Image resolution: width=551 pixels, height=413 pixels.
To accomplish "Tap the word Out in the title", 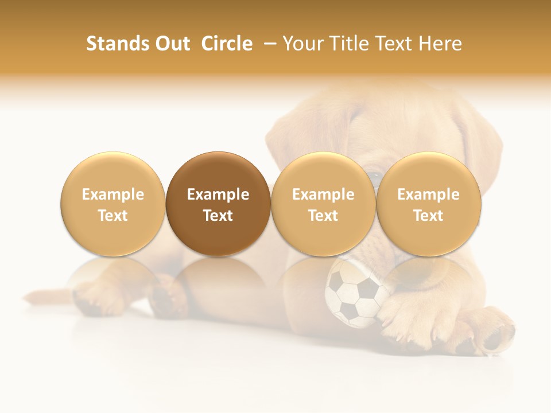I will click(x=171, y=44).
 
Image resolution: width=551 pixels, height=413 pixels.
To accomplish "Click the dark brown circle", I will click(x=218, y=204).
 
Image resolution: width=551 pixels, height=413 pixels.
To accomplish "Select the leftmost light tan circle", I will click(x=113, y=204).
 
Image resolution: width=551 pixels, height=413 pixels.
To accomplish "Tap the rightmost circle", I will click(x=428, y=204).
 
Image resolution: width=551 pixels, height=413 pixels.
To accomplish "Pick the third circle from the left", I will click(x=323, y=204).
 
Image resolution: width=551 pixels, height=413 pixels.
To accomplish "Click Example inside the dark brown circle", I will click(x=218, y=194).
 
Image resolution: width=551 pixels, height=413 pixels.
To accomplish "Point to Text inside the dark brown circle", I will click(x=218, y=216).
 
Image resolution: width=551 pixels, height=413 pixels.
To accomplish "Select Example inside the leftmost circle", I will click(x=113, y=194).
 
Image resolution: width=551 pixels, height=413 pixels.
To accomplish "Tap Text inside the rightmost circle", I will click(x=428, y=216).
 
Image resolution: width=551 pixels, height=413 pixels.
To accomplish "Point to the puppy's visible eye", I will click(x=375, y=175).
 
